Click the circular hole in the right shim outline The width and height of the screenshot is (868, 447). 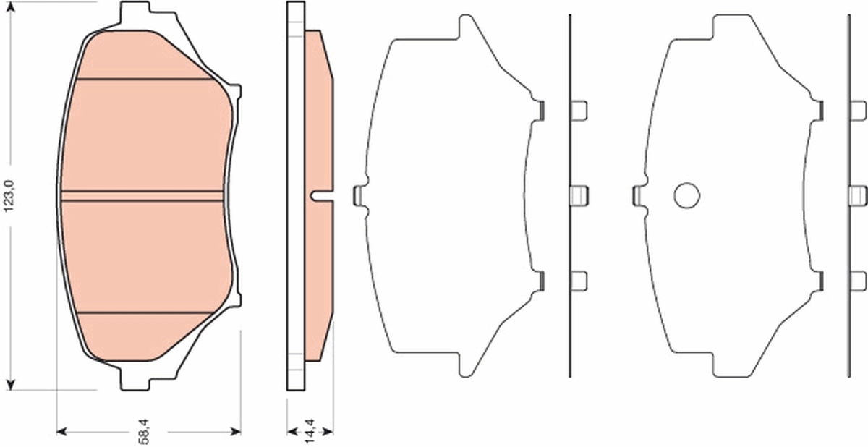point(686,194)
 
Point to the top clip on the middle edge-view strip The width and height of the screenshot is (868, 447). point(579,110)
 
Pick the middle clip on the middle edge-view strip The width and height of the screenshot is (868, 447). point(579,194)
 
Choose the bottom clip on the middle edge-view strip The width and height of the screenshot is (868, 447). point(579,279)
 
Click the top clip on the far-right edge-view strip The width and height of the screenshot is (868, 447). point(858,110)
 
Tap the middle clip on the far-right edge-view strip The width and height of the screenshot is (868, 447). point(858,194)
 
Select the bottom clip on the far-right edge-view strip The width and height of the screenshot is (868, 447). point(858,279)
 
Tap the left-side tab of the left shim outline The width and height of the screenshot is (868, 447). point(357,194)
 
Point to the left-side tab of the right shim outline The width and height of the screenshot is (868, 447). point(637,194)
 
